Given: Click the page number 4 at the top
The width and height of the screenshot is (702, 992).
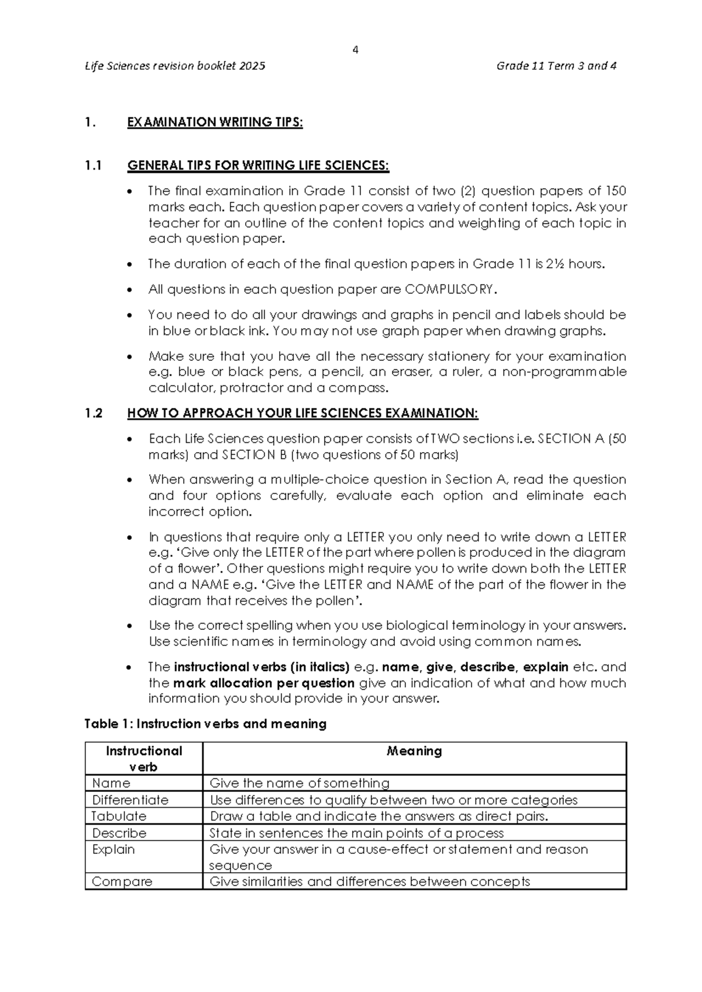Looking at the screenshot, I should coord(355,50).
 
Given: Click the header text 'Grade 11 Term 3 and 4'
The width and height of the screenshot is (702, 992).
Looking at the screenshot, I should coord(556,66).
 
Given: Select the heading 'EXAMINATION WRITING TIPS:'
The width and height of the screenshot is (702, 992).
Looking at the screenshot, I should coord(215,122).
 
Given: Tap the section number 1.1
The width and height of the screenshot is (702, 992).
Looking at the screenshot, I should coord(93,166).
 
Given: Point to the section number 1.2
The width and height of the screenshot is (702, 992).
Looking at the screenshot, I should coord(93,414).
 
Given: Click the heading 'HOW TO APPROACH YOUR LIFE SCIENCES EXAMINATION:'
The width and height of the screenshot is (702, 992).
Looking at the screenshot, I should coord(302,414).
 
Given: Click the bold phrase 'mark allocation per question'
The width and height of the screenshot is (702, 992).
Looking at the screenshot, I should coord(264,683).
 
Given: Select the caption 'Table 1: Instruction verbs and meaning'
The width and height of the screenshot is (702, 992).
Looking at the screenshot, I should coord(205,724).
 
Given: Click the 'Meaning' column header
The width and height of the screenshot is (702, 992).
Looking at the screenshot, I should coord(414,751).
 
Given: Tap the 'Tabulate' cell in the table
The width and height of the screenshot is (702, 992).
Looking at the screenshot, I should coord(119,817).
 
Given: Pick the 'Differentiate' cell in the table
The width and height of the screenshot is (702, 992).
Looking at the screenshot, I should coord(130,800).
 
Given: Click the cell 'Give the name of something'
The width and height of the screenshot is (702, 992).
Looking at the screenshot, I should coord(299,783).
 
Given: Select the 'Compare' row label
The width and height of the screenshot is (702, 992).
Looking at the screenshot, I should coord(122,881).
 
